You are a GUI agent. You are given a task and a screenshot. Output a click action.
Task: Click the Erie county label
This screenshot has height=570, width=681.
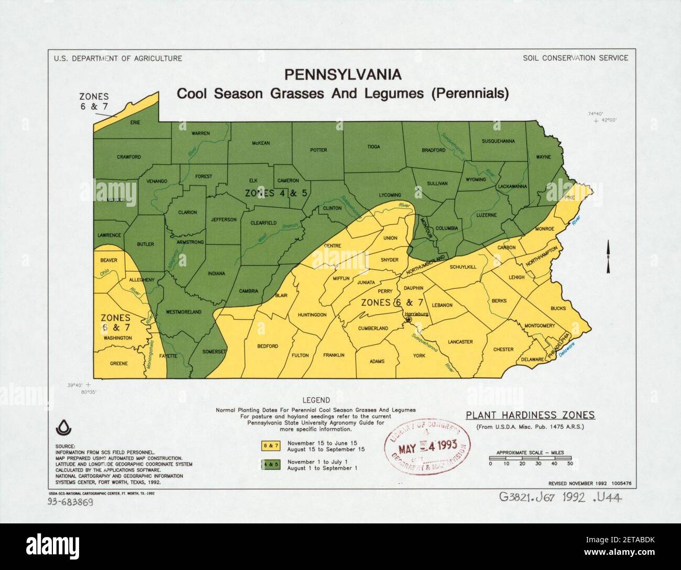(x=135, y=122)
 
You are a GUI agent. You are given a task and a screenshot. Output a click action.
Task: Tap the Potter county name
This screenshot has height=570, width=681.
(x=318, y=150)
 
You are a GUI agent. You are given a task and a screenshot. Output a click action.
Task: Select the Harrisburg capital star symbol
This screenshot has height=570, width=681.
(x=409, y=319)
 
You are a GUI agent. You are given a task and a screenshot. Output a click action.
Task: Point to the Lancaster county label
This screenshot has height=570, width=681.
(x=460, y=342)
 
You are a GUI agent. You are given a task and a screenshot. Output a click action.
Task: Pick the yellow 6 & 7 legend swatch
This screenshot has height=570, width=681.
(x=269, y=445)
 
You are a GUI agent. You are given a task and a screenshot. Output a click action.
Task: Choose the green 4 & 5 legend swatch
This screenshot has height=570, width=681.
(x=269, y=464)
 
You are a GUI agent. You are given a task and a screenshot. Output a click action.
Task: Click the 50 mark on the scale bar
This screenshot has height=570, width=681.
(x=570, y=464)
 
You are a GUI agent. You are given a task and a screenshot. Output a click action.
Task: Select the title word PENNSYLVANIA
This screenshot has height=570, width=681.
(x=343, y=75)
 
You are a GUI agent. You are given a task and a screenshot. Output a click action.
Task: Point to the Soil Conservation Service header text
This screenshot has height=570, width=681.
(x=575, y=58)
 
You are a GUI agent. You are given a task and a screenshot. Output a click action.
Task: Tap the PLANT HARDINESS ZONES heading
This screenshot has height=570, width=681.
(x=530, y=415)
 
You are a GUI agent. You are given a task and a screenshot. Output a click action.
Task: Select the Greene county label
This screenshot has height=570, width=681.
(x=119, y=363)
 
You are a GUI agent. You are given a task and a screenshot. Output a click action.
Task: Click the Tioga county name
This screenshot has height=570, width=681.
(x=374, y=147)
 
